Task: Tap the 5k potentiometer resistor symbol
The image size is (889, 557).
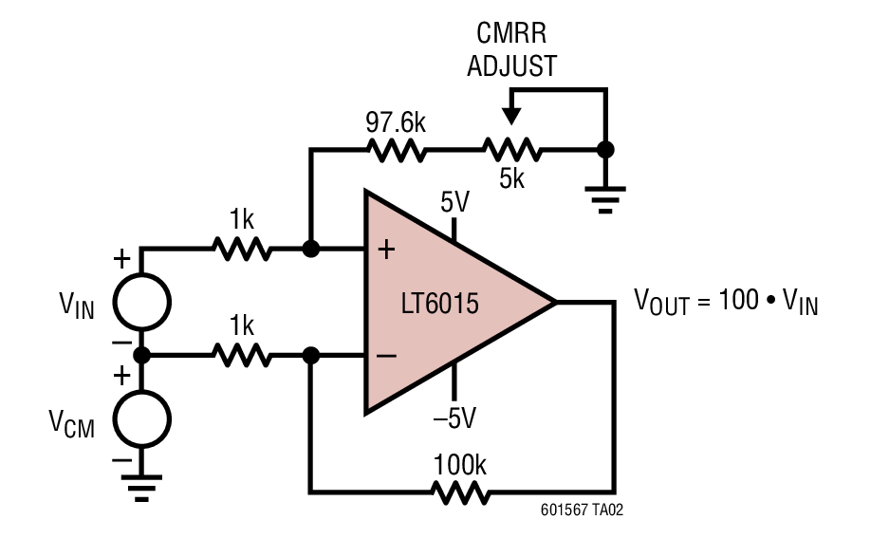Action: (x=511, y=150)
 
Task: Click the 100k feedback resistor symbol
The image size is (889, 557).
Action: (x=461, y=492)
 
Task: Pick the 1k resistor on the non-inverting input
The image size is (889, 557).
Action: (x=242, y=251)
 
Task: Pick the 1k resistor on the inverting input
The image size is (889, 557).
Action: (x=242, y=357)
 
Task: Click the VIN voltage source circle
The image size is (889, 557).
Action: (x=142, y=302)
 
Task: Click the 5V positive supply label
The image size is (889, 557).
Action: (x=455, y=202)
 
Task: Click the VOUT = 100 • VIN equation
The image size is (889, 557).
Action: (x=726, y=303)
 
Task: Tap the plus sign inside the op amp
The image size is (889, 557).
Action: (x=386, y=251)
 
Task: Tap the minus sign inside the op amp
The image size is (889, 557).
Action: (x=386, y=357)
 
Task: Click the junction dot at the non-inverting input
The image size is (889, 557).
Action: (x=309, y=251)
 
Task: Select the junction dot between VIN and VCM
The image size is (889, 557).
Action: (x=142, y=356)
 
